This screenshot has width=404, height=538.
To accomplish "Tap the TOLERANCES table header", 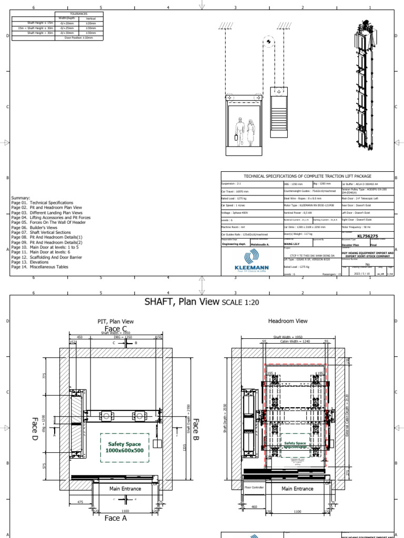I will click(x=79, y=14).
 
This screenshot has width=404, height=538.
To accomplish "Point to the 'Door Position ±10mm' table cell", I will click(x=79, y=38).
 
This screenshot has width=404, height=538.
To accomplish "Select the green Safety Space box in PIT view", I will click(x=125, y=448).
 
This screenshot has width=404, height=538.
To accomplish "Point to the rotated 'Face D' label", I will click(x=35, y=428).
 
